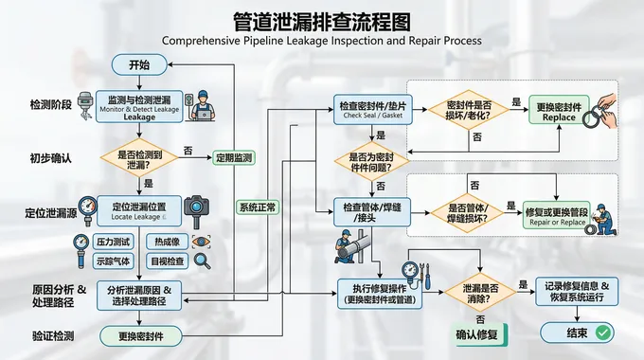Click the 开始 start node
point(139,64)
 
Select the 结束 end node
point(576,333)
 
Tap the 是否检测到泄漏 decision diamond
point(139,158)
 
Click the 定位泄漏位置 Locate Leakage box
point(138,210)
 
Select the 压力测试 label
point(113,242)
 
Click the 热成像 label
point(168,242)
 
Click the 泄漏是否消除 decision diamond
point(481,290)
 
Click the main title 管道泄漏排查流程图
point(322,21)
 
